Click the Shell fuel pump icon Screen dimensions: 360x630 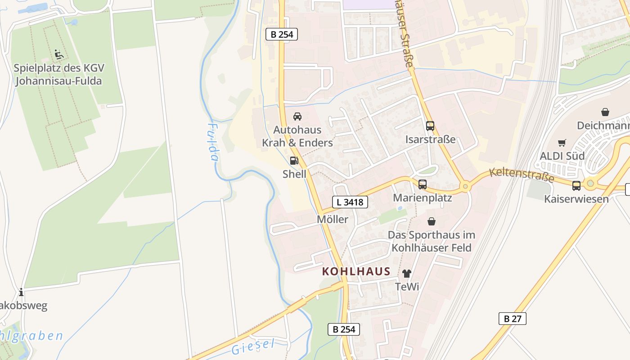coord(294,161)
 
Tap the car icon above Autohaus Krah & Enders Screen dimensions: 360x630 coord(297,117)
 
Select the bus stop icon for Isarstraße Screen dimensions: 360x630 coord(430,126)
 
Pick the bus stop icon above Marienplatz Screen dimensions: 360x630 coord(422,184)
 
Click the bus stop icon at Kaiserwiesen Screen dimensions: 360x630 coord(576,185)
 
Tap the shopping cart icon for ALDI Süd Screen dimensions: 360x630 coord(562,143)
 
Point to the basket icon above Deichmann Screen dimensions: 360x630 coord(605,112)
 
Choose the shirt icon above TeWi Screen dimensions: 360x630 coord(407,273)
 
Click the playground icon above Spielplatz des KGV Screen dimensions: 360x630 coord(58,54)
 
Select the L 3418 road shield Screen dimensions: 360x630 coord(350,202)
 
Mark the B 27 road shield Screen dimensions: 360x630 coord(513,319)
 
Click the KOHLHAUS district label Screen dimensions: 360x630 coord(356,272)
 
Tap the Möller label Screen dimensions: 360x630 coord(333,219)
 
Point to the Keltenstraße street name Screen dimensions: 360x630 coord(522,174)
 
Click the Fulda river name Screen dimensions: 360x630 coord(213,142)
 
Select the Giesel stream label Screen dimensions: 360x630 coord(253,346)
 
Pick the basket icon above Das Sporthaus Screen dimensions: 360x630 coord(432,221)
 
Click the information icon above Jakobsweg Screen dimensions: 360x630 coord(21,292)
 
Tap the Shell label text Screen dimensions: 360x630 coord(294,174)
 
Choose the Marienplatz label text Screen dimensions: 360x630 coord(423,198)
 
